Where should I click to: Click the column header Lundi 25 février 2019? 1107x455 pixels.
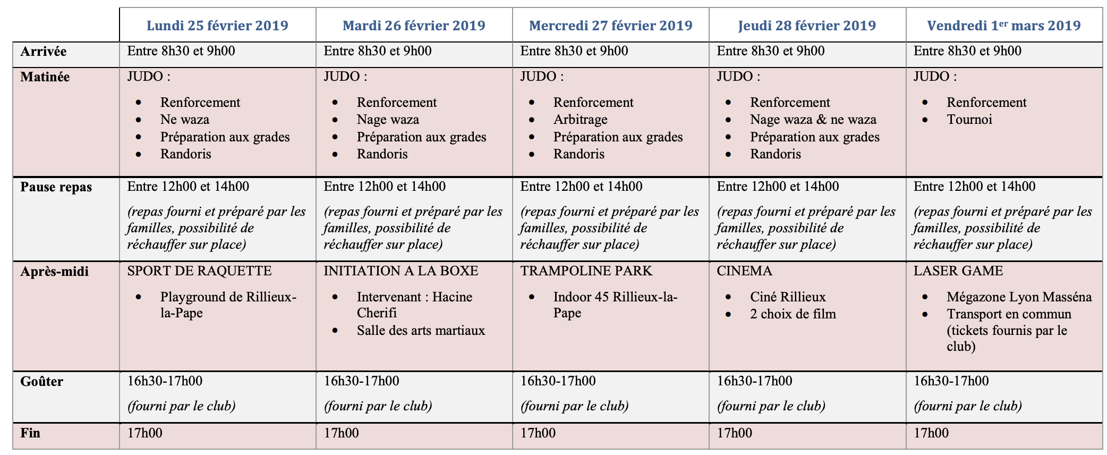tap(217, 26)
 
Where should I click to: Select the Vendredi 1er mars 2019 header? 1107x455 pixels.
tap(1003, 26)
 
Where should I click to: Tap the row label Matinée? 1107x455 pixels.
tap(45, 77)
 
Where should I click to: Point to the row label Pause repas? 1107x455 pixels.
tap(56, 187)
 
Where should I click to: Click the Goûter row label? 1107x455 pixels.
tap(41, 382)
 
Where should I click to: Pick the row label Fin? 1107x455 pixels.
tap(30, 433)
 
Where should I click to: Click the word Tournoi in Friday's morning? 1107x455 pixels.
tap(969, 120)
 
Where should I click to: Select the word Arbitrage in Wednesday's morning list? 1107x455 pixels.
tap(580, 120)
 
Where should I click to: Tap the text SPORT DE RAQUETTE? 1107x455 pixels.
tap(199, 271)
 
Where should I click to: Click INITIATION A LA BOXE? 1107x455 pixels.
tap(401, 271)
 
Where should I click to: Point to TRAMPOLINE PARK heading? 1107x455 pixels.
tap(586, 271)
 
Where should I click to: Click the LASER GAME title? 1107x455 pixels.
tap(958, 271)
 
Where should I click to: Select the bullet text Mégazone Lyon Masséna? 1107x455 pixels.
tap(1019, 297)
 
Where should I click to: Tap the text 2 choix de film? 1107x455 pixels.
tap(793, 314)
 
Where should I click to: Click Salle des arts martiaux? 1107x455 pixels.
tap(421, 331)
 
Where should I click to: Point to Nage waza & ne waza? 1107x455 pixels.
tap(813, 120)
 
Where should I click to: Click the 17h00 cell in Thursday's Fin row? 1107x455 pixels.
tap(734, 433)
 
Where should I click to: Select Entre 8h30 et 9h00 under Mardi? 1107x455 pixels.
tap(378, 51)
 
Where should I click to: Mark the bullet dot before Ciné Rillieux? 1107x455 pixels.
tap(728, 297)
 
